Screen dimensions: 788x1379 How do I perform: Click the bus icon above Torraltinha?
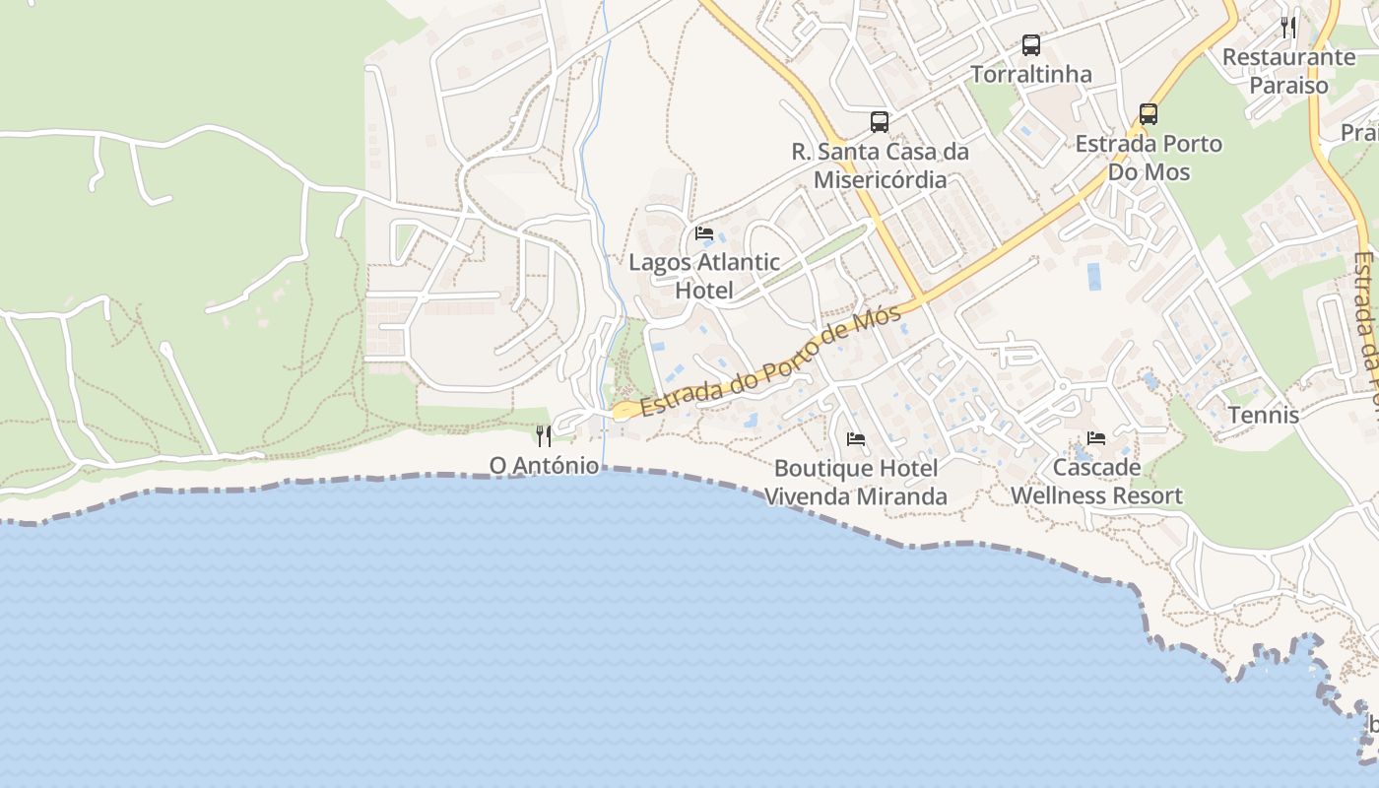pos(1030,44)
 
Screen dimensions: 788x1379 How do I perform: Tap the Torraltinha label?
pos(1030,75)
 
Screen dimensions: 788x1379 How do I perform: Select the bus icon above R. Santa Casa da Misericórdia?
pos(880,122)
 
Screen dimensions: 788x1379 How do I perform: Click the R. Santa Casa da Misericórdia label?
pos(880,165)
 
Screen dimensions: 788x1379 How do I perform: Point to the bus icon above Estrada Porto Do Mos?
pos(1148,113)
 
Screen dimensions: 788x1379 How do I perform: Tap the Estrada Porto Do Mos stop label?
pos(1148,158)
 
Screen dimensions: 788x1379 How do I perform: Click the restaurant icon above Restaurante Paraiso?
pos(1288,27)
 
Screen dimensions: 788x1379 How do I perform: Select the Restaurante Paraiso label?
pos(1288,71)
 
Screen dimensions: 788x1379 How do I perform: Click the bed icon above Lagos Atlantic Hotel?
pos(704,233)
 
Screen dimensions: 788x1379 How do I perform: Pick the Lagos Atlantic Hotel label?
pos(704,277)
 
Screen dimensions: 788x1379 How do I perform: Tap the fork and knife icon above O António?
pos(544,435)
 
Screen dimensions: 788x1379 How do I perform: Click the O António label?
pos(544,465)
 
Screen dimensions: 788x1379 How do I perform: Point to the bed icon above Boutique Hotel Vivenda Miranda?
pos(856,438)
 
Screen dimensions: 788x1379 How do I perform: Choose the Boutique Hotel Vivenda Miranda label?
pos(856,483)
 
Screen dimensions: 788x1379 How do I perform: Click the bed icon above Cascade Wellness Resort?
pos(1096,437)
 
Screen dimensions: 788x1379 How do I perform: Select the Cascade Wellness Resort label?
pos(1096,482)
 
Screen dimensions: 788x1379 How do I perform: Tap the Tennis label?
pos(1263,416)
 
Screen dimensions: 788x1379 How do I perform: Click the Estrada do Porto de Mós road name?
pos(770,362)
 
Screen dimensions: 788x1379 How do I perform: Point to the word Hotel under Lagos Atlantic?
pos(704,291)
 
